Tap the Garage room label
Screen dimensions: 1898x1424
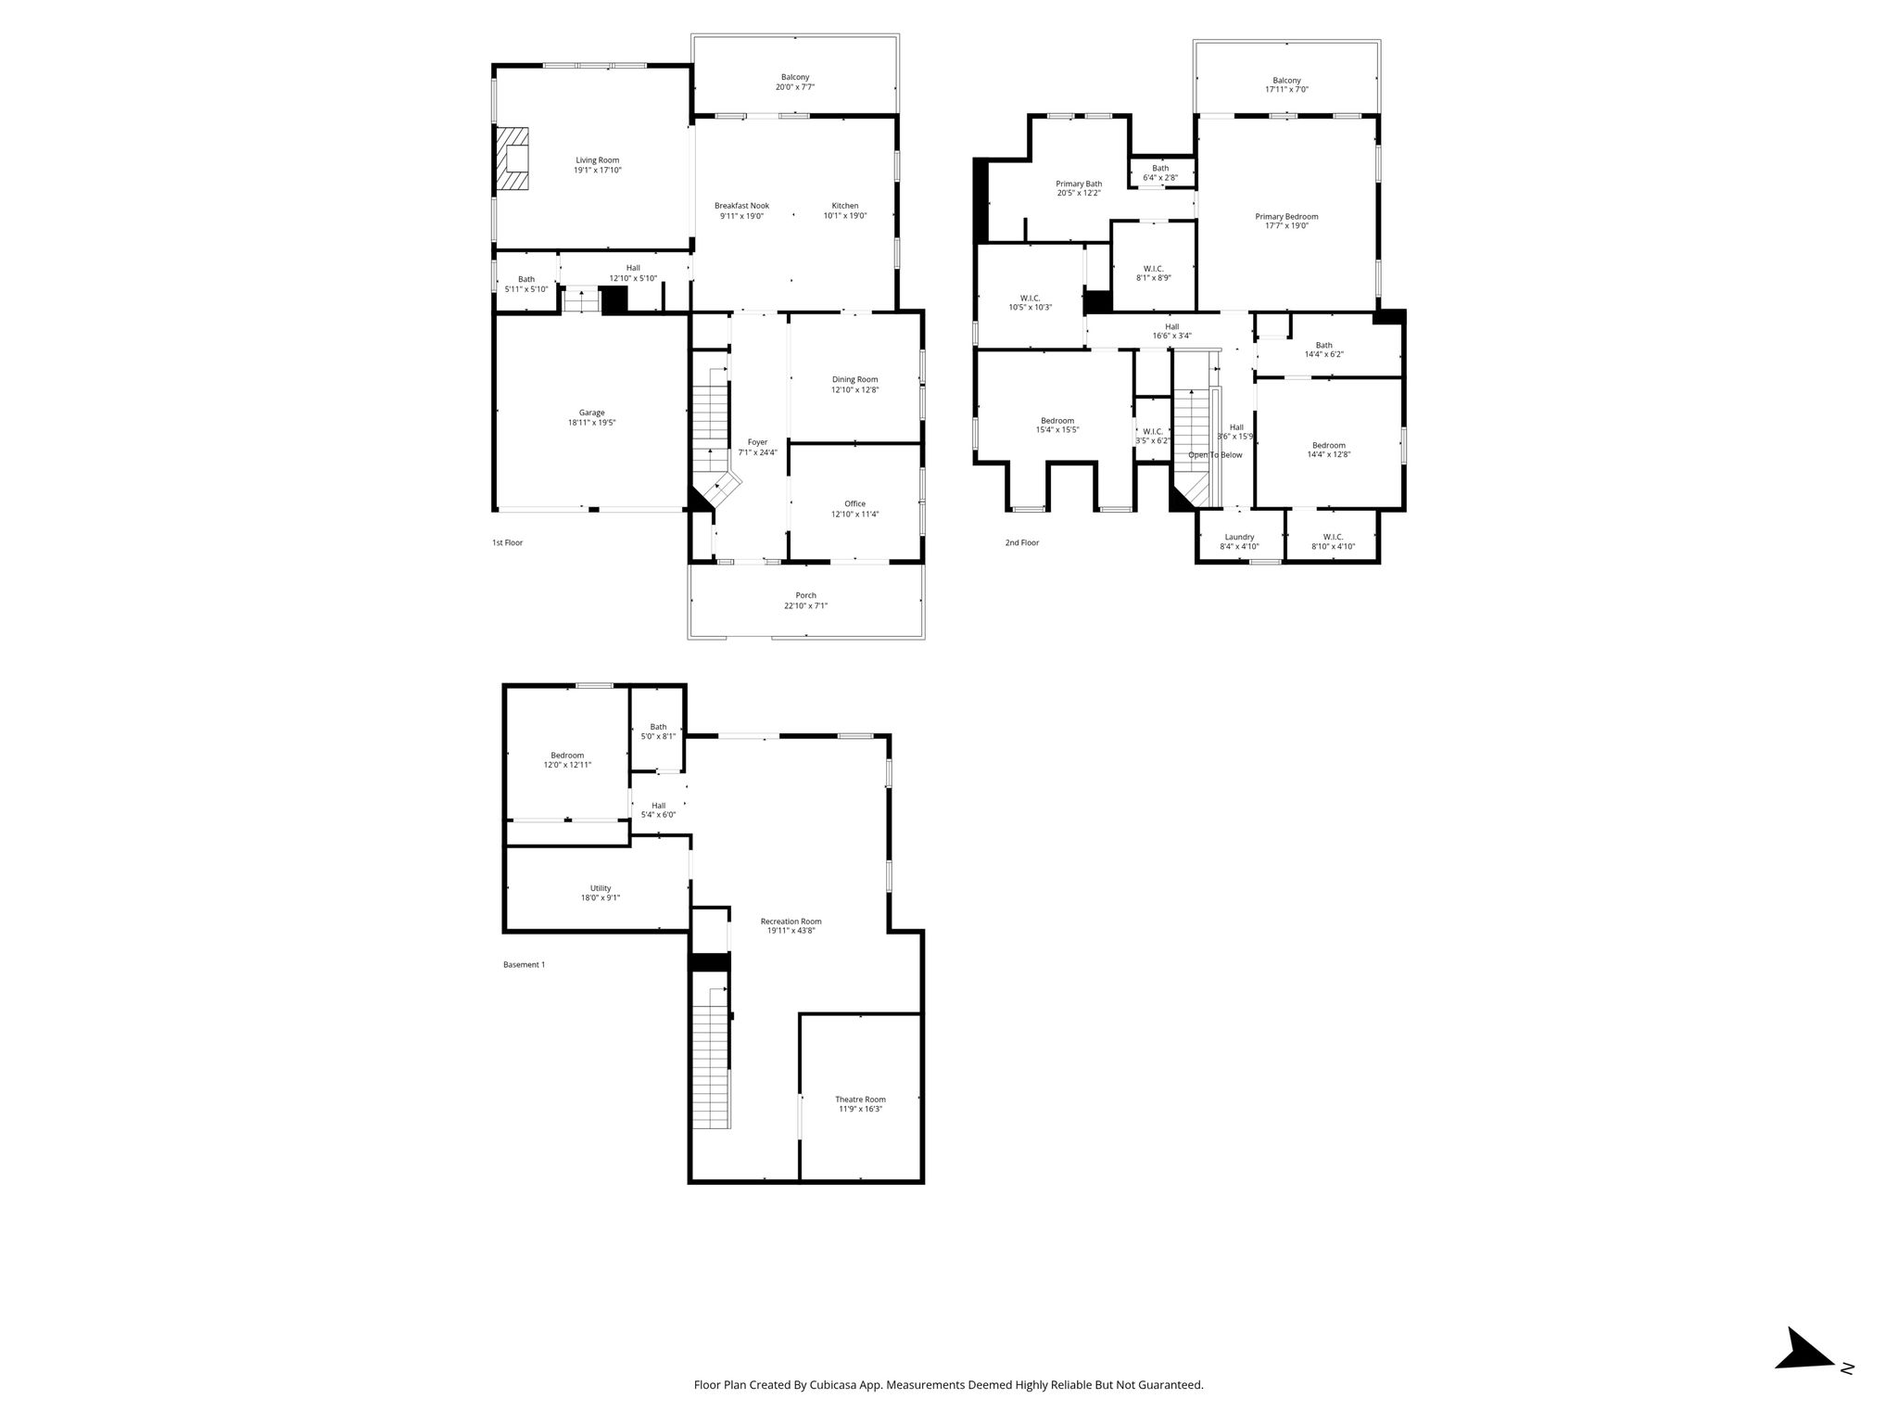pyautogui.click(x=592, y=413)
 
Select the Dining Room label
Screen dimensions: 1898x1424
pyautogui.click(x=854, y=379)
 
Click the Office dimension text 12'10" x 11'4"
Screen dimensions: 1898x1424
pyautogui.click(x=854, y=514)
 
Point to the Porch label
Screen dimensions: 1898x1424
pyautogui.click(x=805, y=595)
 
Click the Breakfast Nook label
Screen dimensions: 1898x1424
pyautogui.click(x=741, y=206)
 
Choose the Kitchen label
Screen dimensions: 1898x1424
pyautogui.click(x=845, y=206)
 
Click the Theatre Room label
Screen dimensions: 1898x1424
pyautogui.click(x=861, y=1100)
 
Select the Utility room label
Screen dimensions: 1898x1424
pyautogui.click(x=601, y=888)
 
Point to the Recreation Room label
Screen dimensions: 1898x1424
pyautogui.click(x=791, y=922)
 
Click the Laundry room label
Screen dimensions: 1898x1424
pyautogui.click(x=1239, y=537)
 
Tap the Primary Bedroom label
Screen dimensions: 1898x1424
pyautogui.click(x=1286, y=216)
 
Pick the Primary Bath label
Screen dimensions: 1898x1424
pyautogui.click(x=1079, y=184)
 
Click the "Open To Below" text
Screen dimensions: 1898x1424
pyautogui.click(x=1215, y=455)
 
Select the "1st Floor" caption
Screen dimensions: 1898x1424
pyautogui.click(x=507, y=542)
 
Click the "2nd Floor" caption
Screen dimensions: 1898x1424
pyautogui.click(x=1022, y=542)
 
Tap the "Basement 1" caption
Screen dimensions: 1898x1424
pyautogui.click(x=524, y=964)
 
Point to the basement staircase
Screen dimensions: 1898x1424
pyautogui.click(x=711, y=1057)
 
